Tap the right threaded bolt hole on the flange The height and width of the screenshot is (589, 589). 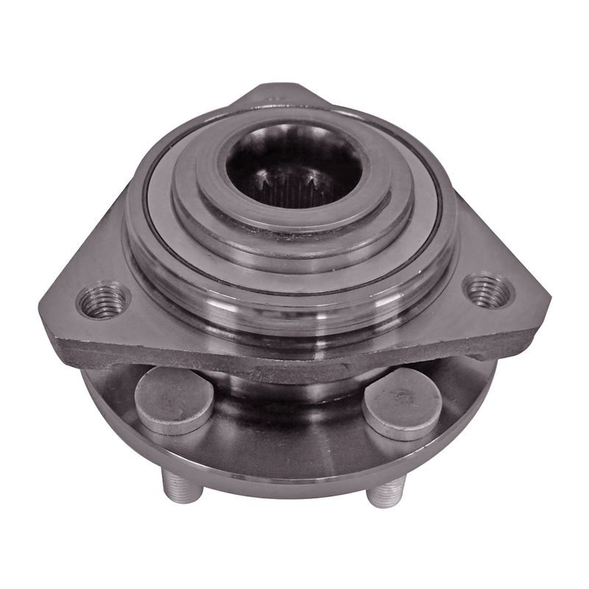(487, 289)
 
